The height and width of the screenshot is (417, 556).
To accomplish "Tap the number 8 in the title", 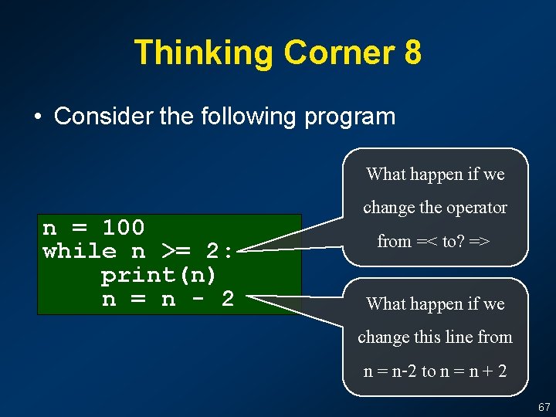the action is tap(412, 53).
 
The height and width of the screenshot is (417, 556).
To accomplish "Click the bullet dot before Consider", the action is tap(36, 117).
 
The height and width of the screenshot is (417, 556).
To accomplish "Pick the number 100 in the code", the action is tap(124, 228).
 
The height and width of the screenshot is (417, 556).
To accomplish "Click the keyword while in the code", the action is tap(80, 251).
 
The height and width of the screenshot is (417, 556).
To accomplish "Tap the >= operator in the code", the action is tap(175, 251).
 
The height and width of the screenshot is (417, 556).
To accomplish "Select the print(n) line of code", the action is tap(159, 275).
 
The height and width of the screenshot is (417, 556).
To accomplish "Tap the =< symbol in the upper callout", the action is tap(426, 242).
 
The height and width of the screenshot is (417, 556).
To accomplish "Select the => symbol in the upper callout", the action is tap(479, 242).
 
